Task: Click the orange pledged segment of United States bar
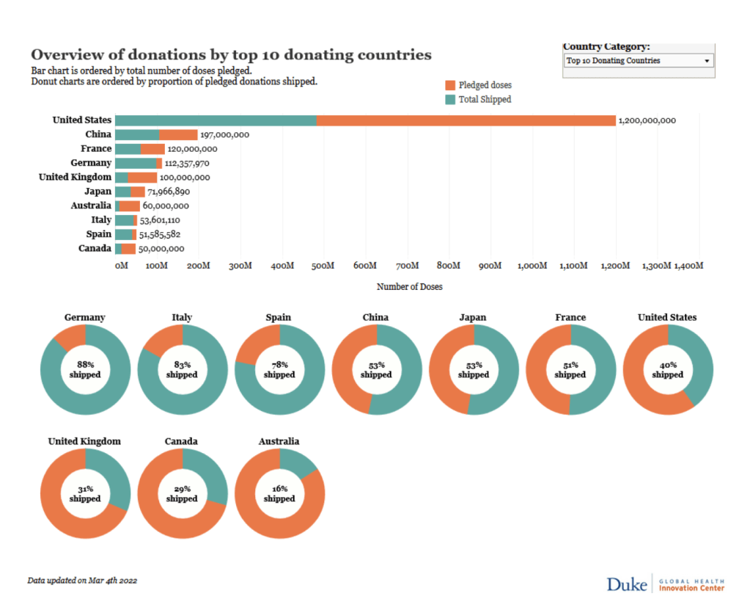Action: [466, 120]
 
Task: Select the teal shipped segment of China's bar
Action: [137, 134]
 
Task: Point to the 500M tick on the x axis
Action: [323, 265]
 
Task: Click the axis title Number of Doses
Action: [409, 287]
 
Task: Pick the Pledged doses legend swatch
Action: [450, 85]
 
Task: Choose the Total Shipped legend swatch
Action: [450, 99]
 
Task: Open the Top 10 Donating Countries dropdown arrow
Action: [707, 61]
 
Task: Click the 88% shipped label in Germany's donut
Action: [85, 370]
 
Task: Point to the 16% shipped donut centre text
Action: [279, 494]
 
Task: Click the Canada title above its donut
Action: [182, 442]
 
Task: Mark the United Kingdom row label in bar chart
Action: [75, 177]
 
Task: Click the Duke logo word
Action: [626, 584]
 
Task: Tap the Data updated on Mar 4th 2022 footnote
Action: [82, 581]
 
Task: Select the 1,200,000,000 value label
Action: [647, 120]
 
